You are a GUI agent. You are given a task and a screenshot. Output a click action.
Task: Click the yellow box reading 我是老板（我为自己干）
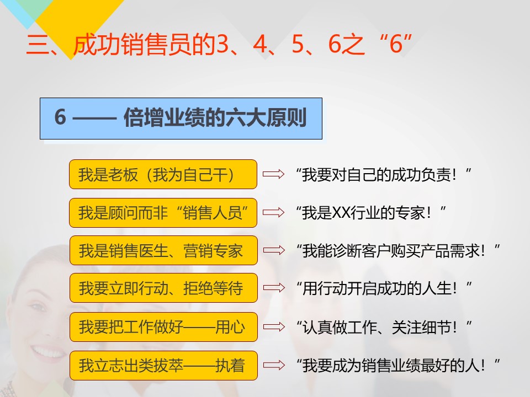(163, 174)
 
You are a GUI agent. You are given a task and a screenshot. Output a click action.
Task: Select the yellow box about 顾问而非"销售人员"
(163, 213)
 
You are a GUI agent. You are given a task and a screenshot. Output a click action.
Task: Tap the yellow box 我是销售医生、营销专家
(163, 250)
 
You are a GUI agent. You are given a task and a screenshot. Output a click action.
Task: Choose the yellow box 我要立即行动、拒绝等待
(163, 288)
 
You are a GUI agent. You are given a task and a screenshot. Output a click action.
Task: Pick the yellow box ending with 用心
(163, 327)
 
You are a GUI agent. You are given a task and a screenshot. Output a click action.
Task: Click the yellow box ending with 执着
(163, 366)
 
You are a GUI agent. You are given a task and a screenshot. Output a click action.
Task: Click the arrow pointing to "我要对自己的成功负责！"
(273, 174)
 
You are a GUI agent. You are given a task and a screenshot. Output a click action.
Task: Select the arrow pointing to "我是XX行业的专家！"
(273, 212)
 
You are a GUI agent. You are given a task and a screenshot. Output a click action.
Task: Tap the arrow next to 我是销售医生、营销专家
(274, 250)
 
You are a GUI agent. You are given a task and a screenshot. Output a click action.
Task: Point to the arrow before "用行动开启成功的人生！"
(274, 288)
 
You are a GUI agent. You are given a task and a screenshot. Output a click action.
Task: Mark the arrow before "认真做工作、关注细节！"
(274, 327)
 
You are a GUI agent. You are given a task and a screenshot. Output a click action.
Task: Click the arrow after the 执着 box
(274, 365)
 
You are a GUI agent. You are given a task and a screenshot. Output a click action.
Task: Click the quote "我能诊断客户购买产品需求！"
(398, 251)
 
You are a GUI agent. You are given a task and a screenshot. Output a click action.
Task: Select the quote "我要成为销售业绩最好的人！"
(398, 366)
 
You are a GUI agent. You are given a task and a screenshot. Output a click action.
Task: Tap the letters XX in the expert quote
(341, 213)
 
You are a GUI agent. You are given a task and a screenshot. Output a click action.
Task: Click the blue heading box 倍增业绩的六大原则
(181, 119)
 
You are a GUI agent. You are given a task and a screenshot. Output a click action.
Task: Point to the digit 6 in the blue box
(60, 117)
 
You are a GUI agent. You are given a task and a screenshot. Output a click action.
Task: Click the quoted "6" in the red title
(396, 44)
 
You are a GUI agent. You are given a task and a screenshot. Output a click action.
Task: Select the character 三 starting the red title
(38, 45)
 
